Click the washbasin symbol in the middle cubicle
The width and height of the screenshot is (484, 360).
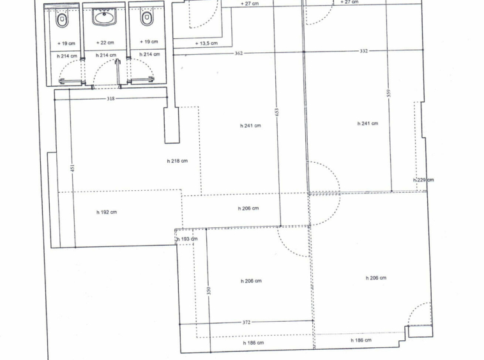click(x=104, y=17)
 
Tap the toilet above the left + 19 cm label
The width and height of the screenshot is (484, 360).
click(x=62, y=20)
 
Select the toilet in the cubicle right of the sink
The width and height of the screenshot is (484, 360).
click(x=147, y=19)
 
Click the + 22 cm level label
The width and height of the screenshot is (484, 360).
click(x=105, y=43)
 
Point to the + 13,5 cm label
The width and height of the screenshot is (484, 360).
click(x=206, y=43)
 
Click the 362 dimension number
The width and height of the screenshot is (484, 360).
click(x=239, y=53)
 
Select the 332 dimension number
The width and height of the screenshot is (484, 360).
click(x=363, y=51)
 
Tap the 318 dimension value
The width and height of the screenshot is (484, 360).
click(x=110, y=99)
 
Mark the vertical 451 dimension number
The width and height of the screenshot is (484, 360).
click(x=73, y=169)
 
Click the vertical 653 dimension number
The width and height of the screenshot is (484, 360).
click(x=277, y=112)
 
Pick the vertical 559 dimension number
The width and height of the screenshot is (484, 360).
click(x=389, y=93)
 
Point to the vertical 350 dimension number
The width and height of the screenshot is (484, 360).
click(x=209, y=290)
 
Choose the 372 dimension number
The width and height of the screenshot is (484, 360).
click(x=246, y=322)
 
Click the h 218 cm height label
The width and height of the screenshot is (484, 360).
click(x=177, y=161)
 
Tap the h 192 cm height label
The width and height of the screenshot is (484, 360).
click(x=107, y=213)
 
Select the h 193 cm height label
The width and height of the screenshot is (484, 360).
click(x=187, y=239)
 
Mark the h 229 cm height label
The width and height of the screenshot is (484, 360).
click(x=423, y=180)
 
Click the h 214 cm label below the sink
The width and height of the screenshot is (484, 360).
click(x=106, y=56)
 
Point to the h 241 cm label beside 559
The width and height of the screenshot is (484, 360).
click(x=368, y=123)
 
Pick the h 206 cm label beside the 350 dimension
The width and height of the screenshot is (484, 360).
click(x=251, y=281)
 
